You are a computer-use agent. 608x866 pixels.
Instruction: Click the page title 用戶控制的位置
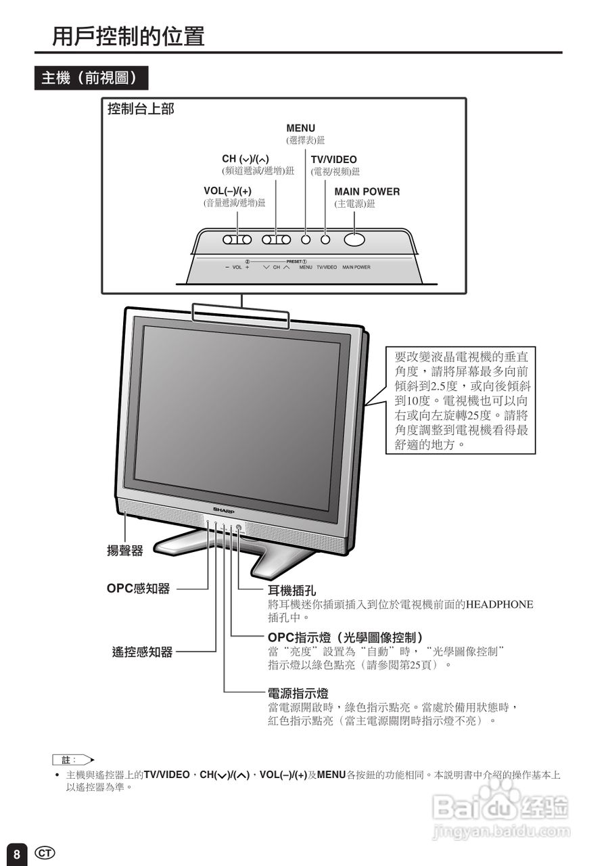128,36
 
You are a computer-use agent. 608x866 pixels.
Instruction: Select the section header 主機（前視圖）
91,78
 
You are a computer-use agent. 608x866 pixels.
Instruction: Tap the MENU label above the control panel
300,129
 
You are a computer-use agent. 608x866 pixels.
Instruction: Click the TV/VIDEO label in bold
333,160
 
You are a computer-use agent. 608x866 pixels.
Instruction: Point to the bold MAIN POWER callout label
367,191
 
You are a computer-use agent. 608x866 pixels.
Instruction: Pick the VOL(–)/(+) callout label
227,191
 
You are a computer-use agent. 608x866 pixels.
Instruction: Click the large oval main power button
354,239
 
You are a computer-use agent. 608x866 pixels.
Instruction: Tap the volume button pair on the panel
237,240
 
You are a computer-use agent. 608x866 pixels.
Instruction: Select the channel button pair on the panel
276,240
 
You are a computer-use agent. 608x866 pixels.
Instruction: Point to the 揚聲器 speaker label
125,551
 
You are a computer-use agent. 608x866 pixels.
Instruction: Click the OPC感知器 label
138,589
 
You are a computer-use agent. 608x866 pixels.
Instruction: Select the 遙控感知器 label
142,652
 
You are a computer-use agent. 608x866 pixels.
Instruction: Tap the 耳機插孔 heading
292,591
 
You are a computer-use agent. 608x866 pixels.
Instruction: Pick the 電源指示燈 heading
298,693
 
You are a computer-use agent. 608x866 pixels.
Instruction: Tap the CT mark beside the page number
45,852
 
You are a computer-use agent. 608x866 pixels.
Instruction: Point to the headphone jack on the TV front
239,528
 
